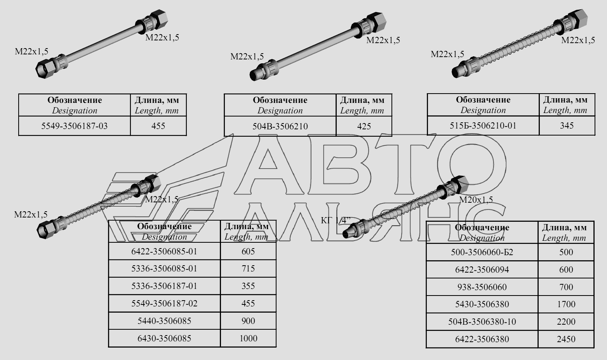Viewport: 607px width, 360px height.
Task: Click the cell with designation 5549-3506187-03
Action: tap(75, 126)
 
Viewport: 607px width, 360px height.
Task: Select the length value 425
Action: tap(364, 126)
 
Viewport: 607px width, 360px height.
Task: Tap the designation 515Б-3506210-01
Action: tap(483, 126)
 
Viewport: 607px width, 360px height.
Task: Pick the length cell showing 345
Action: tap(567, 126)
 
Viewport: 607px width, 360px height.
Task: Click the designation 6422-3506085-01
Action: tap(164, 251)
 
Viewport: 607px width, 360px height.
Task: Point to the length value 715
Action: tap(248, 269)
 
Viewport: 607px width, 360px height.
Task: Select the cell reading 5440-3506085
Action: tap(164, 321)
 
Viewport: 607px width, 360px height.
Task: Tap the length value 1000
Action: tap(248, 338)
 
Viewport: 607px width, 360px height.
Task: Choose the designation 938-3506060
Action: tap(482, 287)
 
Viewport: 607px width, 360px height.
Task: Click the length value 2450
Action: tap(566, 339)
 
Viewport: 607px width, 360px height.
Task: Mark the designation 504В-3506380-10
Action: tap(482, 322)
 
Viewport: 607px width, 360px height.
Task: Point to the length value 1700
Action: tap(566, 304)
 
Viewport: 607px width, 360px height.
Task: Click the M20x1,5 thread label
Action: tap(476, 200)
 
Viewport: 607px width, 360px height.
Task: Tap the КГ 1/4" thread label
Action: tap(336, 220)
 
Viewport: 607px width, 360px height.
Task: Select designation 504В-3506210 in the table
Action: tap(280, 126)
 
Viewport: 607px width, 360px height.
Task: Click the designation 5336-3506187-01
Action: tap(164, 286)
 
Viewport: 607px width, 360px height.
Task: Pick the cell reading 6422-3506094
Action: tap(482, 270)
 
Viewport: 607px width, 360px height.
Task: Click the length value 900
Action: tap(248, 321)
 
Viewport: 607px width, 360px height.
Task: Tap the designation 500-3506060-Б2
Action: tap(482, 252)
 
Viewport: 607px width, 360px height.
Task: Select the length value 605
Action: tap(248, 251)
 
